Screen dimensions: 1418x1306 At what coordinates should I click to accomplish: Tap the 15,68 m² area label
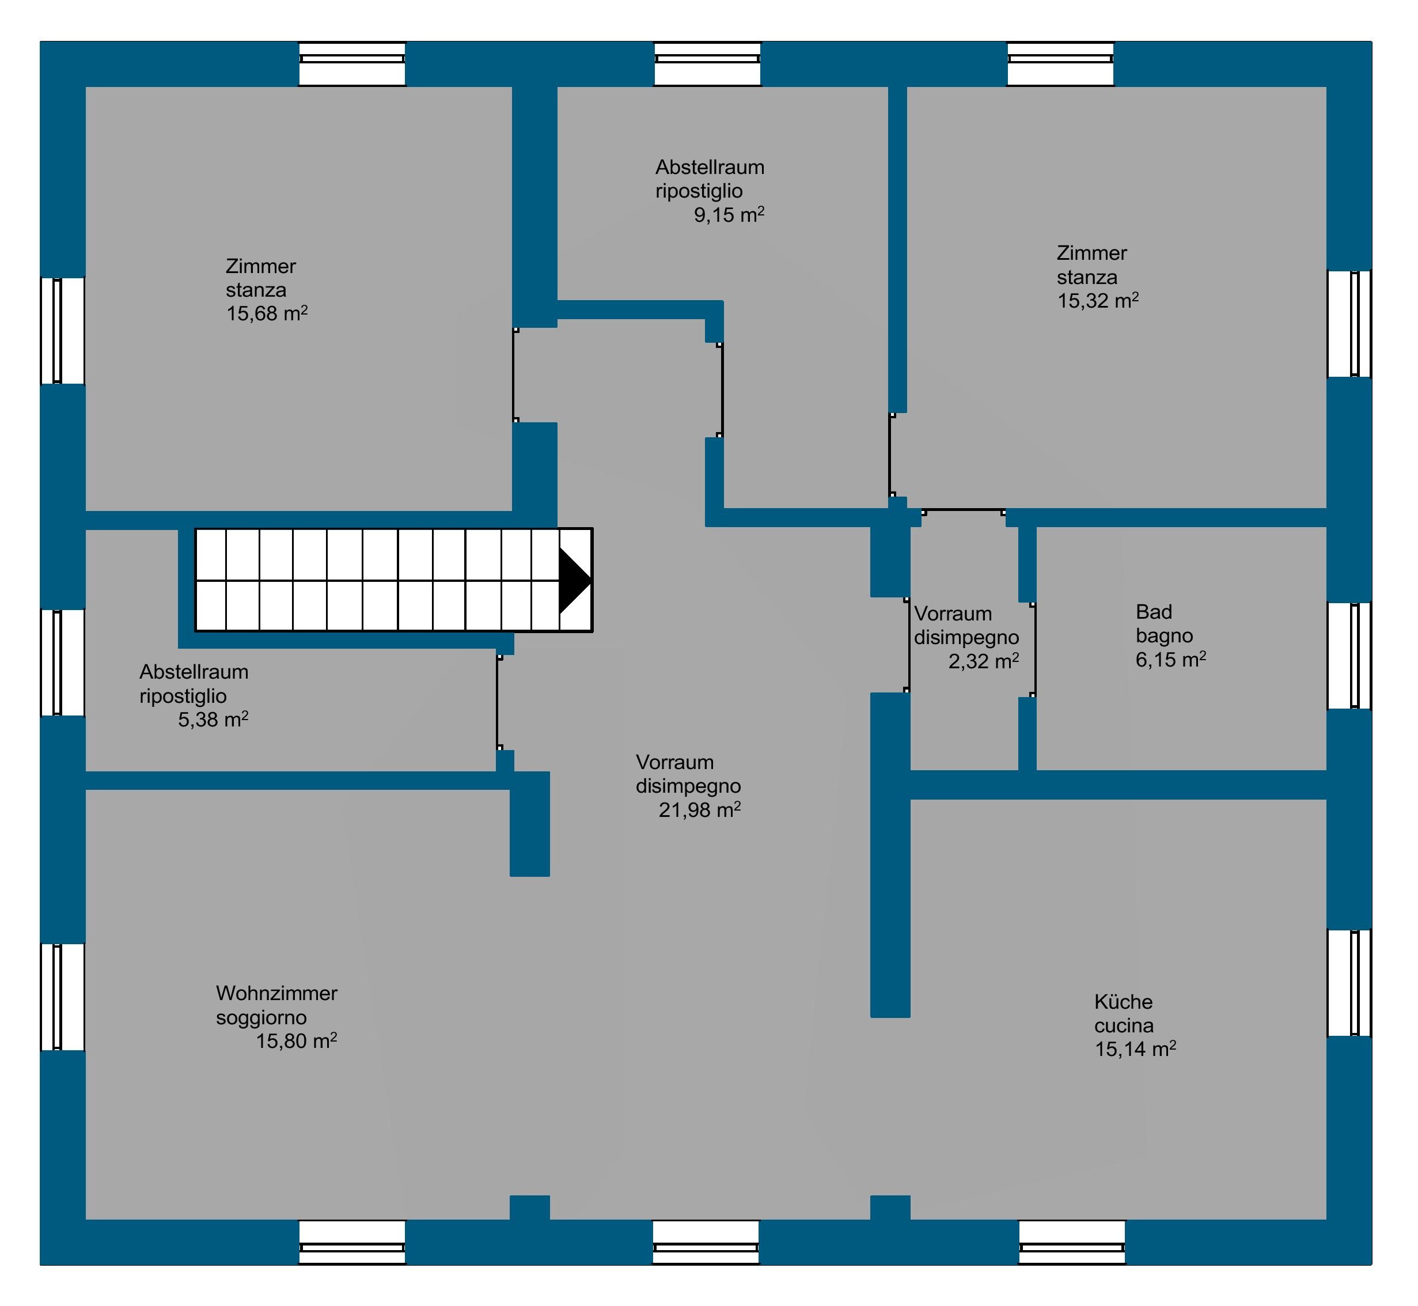pyautogui.click(x=267, y=313)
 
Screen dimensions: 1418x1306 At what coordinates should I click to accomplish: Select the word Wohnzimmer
pyautogui.click(x=276, y=993)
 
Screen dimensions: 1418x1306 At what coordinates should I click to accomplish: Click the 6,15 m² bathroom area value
pyautogui.click(x=1171, y=660)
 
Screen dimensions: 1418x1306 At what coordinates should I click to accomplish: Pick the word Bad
pyautogui.click(x=1154, y=611)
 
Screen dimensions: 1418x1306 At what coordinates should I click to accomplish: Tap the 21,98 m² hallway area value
pyautogui.click(x=699, y=810)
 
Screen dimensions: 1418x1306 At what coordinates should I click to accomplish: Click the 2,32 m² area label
pyautogui.click(x=984, y=661)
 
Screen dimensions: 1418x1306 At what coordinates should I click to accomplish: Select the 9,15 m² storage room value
pyautogui.click(x=729, y=215)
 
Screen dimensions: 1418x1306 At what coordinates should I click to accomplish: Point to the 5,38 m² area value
pyautogui.click(x=213, y=720)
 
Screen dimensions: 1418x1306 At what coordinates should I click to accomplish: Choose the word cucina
pyautogui.click(x=1124, y=1025)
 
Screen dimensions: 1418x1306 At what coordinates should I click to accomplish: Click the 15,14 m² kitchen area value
pyautogui.click(x=1135, y=1050)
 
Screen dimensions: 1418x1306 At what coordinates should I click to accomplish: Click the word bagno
pyautogui.click(x=1165, y=635)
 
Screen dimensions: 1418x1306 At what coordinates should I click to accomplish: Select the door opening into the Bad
pyautogui.click(x=1033, y=650)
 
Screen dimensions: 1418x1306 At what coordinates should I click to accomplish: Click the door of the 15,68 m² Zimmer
pyautogui.click(x=515, y=375)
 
